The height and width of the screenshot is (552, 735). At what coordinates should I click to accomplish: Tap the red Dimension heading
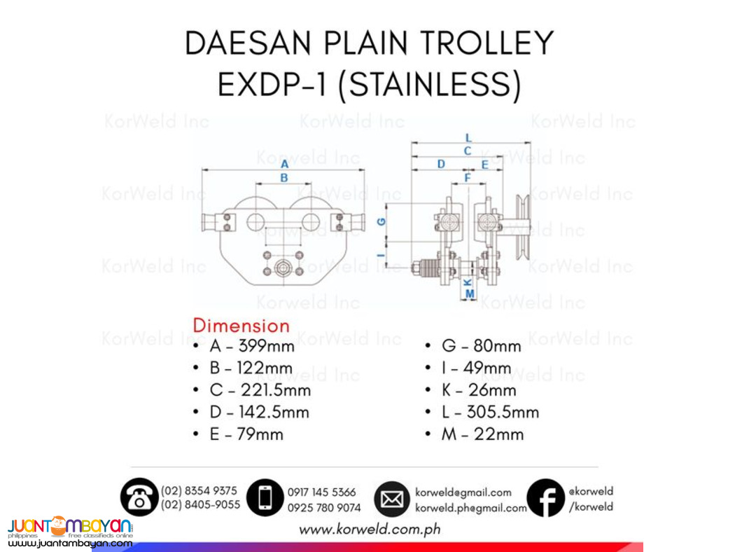click(x=241, y=326)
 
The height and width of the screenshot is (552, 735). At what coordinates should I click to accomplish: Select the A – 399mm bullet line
click(x=251, y=345)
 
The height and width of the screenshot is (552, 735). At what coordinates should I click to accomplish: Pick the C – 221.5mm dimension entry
click(x=260, y=390)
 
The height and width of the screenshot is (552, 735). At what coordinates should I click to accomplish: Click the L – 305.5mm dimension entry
click(x=490, y=412)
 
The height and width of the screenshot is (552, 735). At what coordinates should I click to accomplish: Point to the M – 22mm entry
click(x=482, y=434)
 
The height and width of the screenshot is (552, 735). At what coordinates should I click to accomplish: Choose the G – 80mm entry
click(x=481, y=346)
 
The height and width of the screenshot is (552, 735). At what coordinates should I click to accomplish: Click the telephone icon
click(x=139, y=497)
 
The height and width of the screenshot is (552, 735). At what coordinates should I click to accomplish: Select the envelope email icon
click(x=392, y=499)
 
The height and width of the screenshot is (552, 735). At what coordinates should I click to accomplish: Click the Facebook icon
click(x=545, y=498)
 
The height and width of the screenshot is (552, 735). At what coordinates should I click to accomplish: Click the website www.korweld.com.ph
click(x=370, y=530)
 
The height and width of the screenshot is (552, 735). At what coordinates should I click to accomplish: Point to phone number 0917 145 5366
click(x=321, y=492)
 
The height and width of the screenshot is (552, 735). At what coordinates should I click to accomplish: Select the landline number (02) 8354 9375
click(x=199, y=490)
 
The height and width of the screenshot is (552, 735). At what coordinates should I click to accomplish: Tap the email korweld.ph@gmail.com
click(x=470, y=508)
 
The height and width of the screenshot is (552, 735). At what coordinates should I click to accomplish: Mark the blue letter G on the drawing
click(x=381, y=221)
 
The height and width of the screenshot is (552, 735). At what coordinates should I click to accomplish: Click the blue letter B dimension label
click(x=284, y=178)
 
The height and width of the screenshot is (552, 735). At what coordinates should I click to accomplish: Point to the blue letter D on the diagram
click(x=441, y=164)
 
